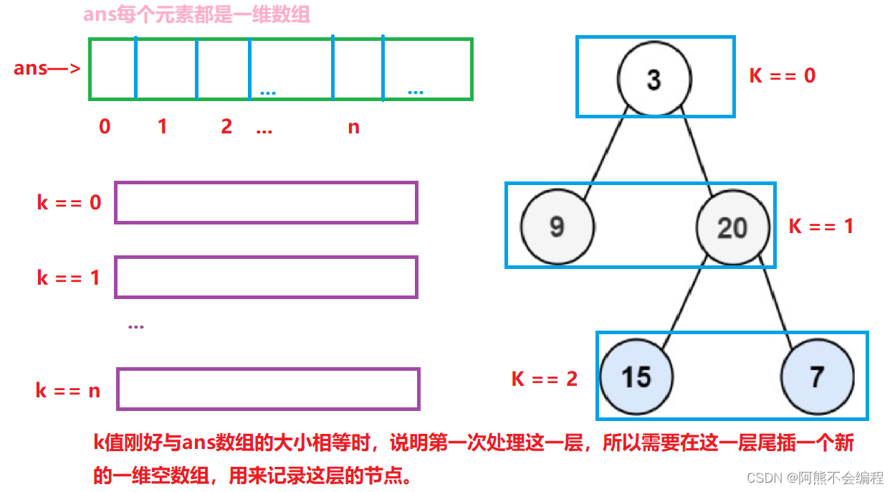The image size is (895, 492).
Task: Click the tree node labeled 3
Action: click(x=654, y=79)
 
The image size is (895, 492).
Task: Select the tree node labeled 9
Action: click(x=557, y=227)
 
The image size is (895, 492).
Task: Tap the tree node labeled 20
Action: click(x=732, y=227)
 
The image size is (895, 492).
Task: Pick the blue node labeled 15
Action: click(x=636, y=377)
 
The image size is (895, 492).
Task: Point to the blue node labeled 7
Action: click(x=818, y=377)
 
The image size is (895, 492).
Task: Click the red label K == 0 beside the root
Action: click(x=782, y=75)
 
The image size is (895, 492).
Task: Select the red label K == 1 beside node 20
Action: click(x=821, y=226)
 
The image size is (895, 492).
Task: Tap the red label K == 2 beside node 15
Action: click(x=545, y=379)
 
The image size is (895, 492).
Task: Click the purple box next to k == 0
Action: click(x=266, y=203)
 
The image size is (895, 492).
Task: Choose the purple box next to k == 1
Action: click(x=266, y=278)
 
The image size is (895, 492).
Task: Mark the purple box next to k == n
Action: click(x=268, y=389)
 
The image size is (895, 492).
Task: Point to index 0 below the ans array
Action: click(x=105, y=127)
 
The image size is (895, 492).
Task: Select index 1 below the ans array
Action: click(x=162, y=127)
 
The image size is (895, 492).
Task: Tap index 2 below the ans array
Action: click(x=226, y=127)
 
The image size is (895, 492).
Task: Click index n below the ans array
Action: click(x=353, y=128)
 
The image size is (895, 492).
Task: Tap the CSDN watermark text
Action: click(x=815, y=478)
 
